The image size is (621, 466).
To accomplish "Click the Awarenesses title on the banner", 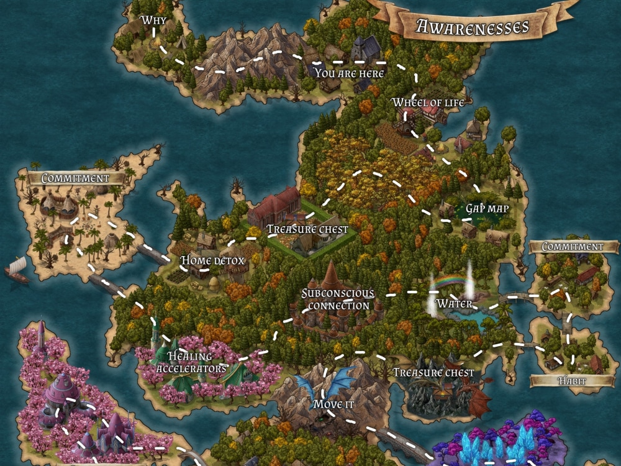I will pos(473,26).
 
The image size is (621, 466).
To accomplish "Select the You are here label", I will pos(350,73).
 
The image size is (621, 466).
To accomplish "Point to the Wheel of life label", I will pos(428,102).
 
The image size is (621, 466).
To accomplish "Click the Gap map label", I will pos(487,209).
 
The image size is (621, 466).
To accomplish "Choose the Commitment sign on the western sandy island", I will pos(75,178).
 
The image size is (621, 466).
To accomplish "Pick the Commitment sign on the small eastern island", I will pos(572,247).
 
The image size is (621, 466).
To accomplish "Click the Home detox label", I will pos(212,261).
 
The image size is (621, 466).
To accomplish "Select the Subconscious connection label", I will pos(338,299).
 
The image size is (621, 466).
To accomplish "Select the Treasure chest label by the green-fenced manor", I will pos(307,229).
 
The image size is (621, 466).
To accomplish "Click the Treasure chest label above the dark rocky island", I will pos(433,373).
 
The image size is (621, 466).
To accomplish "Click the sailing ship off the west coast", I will pos(17,270).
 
